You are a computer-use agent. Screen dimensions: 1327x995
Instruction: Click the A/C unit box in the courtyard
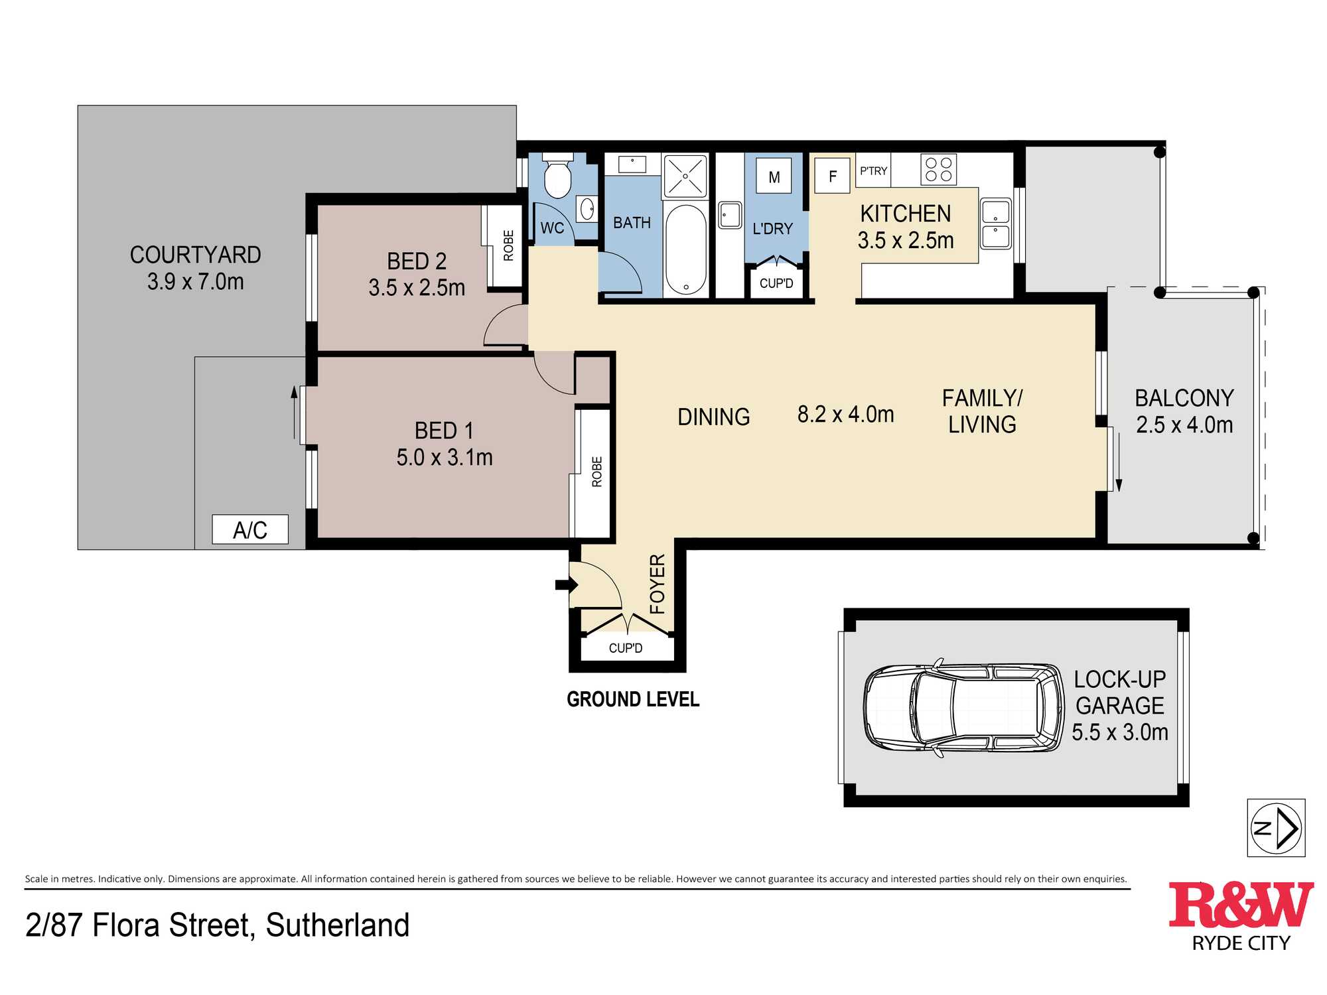pos(250,529)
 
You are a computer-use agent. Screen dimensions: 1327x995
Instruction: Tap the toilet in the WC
pos(557,175)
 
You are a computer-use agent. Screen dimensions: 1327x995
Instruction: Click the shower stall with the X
pos(685,176)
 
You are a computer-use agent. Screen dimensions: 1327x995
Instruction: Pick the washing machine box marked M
pos(774,176)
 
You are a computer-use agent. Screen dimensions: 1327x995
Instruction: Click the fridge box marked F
pos(832,176)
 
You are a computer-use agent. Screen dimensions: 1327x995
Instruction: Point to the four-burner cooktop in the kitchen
pos(939,169)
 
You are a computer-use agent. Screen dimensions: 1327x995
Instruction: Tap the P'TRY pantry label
pos(873,171)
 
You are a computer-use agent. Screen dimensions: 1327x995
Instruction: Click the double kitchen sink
pos(996,224)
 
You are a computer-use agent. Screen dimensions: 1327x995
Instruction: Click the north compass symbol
pos(1276,828)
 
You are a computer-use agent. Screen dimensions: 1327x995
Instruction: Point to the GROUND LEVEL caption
pos(633,699)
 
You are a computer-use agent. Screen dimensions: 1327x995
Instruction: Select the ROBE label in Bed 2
pos(508,245)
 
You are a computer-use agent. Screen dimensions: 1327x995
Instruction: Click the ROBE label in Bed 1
pos(596,472)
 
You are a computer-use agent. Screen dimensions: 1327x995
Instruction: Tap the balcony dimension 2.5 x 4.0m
pos(1184,425)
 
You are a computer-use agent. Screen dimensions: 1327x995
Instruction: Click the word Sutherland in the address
pos(338,925)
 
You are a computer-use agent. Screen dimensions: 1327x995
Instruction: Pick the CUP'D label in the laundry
pos(776,283)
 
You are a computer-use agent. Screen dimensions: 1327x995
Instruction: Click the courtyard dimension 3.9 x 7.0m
pos(196,281)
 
